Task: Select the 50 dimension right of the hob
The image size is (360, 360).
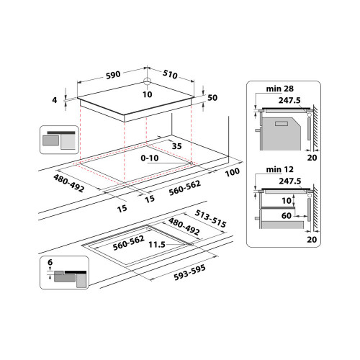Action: (x=212, y=97)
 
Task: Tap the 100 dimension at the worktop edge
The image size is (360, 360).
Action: (x=232, y=174)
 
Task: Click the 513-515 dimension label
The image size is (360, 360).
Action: (x=210, y=220)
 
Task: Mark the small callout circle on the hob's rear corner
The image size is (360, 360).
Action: (x=147, y=81)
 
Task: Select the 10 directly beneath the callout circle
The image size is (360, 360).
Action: (x=147, y=94)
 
